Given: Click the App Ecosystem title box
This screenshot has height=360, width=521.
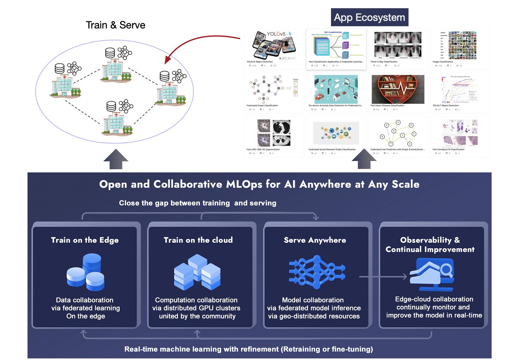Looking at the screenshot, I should click(369, 17).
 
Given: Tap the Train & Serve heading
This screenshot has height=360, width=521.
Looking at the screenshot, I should click(115, 25).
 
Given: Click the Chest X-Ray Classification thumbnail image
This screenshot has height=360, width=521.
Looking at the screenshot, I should click(398, 45).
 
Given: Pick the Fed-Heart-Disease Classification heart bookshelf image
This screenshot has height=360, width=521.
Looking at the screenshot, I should click(398, 89).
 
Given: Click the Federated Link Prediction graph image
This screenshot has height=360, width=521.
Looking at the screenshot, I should click(398, 133).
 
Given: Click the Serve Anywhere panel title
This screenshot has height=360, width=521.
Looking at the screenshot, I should click(315, 240).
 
